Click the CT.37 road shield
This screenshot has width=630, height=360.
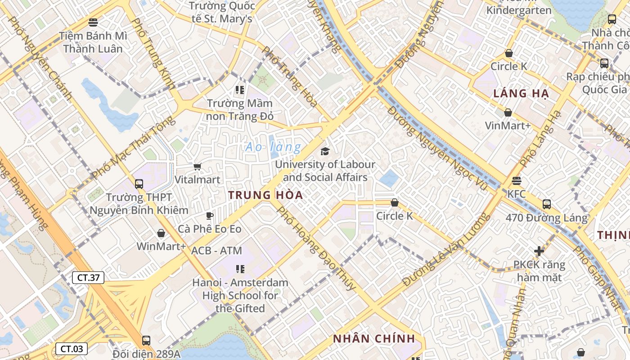88,278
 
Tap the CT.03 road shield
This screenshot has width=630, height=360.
72,349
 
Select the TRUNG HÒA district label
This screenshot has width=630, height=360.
265,195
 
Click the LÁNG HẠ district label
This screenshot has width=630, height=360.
521,94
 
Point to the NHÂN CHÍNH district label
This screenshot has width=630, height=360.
373,339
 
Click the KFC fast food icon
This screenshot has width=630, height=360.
517,181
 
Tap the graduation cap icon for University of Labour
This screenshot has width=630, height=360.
325,152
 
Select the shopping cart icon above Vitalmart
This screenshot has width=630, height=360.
197,167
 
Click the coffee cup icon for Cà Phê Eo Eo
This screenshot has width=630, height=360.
209,216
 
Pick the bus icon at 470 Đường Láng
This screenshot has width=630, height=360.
546,204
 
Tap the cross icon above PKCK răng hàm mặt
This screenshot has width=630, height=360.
539,251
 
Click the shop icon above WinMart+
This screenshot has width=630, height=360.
161,233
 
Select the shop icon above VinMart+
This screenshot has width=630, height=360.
508,112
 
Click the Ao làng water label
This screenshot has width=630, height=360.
273,147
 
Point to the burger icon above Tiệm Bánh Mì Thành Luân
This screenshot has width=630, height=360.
93,22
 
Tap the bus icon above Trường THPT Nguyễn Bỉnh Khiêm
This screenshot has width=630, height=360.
139,184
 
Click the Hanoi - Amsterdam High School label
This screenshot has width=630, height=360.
240,296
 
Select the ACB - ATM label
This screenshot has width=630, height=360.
216,251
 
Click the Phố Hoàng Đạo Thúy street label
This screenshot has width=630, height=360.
315,247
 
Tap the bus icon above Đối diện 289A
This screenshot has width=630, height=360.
146,341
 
